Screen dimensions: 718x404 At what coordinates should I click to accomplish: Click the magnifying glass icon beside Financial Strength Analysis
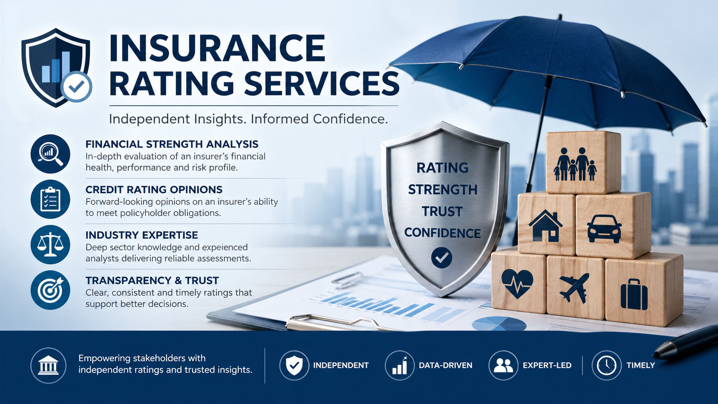[x=50, y=154]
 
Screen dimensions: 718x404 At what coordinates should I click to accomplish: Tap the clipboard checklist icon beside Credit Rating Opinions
[x=50, y=199]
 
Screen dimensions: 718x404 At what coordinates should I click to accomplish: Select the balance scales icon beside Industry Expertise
[x=50, y=244]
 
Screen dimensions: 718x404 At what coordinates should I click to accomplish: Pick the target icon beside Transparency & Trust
[x=50, y=290]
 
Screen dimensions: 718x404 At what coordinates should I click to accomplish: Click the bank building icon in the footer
[x=49, y=365]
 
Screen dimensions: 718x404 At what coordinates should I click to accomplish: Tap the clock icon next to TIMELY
[x=606, y=365]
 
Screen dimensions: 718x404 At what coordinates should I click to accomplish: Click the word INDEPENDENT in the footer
[x=341, y=365]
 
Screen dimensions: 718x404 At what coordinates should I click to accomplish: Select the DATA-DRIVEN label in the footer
[x=446, y=365]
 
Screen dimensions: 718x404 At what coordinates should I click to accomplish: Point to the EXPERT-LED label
[x=547, y=365]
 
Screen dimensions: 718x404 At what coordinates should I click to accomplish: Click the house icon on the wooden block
[x=545, y=226]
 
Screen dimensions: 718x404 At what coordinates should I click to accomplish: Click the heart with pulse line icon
[x=517, y=283]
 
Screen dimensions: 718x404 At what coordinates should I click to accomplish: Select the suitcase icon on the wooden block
[x=634, y=294]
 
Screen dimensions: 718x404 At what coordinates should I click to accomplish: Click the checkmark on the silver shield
[x=442, y=258]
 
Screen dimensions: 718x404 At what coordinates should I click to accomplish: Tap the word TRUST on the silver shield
[x=442, y=212]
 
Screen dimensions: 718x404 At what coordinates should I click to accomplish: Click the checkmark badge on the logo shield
[x=76, y=86]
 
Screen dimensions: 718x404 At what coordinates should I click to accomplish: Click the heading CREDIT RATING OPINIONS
[x=154, y=190]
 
